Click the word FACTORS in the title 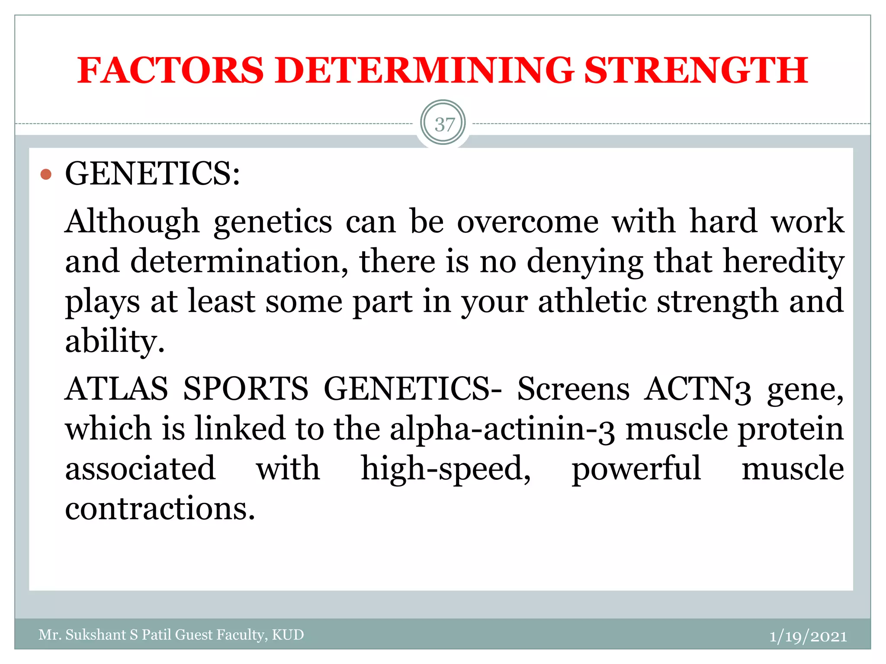tap(170, 70)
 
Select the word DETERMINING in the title tap(424, 70)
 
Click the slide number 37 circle tap(443, 124)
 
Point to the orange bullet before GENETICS tap(46, 175)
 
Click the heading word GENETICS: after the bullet tap(152, 174)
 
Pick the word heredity tap(783, 262)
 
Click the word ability tap(115, 342)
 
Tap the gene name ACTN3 tap(697, 389)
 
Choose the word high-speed tap(446, 469)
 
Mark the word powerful tap(636, 469)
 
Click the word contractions tap(160, 509)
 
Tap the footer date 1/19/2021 tap(808, 636)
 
